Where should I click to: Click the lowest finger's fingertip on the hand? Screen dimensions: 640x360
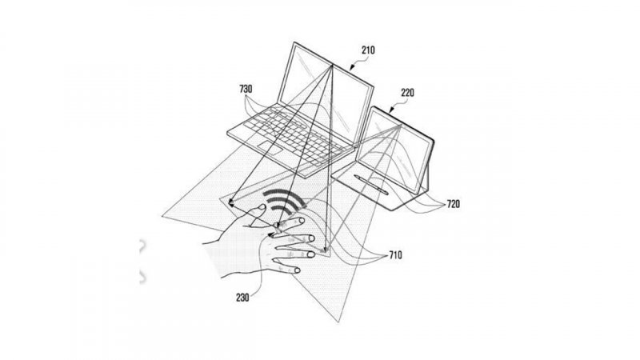point(298,271)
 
